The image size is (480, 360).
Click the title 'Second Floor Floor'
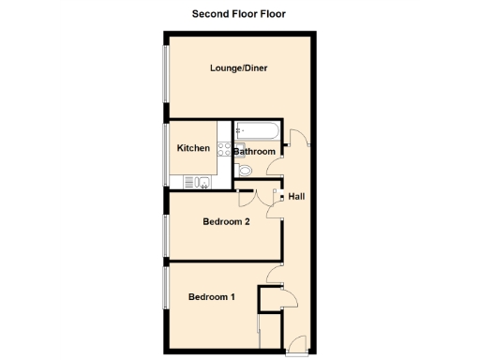click(x=238, y=13)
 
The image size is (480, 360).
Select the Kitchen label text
click(x=193, y=148)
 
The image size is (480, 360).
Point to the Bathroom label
click(x=254, y=152)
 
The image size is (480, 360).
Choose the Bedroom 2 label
click(x=226, y=222)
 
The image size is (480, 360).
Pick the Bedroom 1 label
click(x=211, y=297)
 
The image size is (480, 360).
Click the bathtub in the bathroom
click(x=254, y=131)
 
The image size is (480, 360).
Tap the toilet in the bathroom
click(x=245, y=170)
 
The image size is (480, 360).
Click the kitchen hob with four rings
click(x=223, y=148)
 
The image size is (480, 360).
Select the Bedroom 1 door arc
click(x=273, y=273)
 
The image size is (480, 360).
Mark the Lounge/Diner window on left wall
click(x=166, y=80)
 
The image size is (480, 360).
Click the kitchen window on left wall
click(x=166, y=153)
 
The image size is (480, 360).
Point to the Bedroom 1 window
click(x=166, y=300)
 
